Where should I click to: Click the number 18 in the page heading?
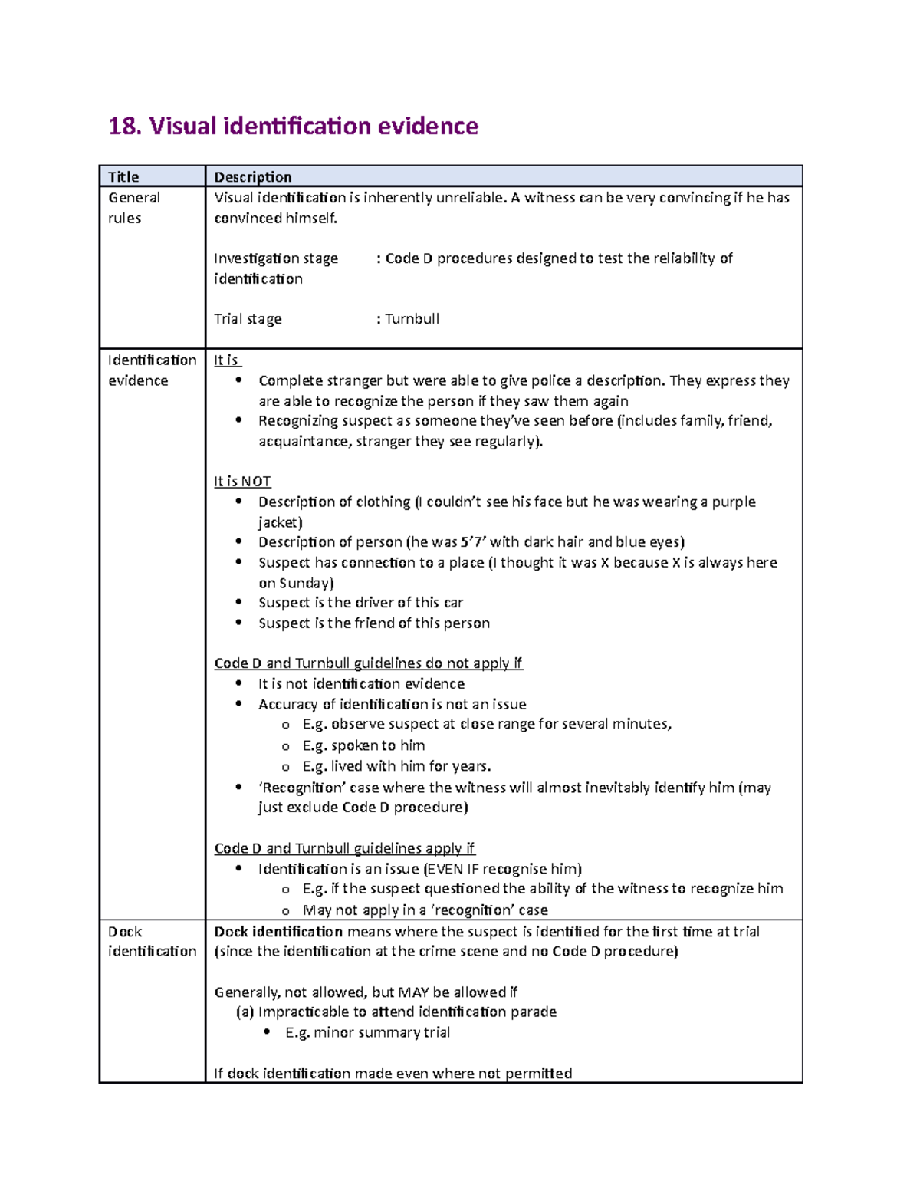(x=123, y=126)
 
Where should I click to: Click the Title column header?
(x=123, y=177)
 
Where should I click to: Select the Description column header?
(x=252, y=177)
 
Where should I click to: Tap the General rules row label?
(x=133, y=208)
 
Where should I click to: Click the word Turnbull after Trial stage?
(x=412, y=319)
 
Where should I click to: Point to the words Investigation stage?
(x=276, y=258)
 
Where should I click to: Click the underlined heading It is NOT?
(x=242, y=482)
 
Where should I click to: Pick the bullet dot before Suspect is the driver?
(x=239, y=603)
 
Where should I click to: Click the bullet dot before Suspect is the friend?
(x=239, y=623)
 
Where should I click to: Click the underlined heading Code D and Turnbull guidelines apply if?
(x=344, y=848)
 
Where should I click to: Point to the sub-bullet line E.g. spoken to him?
(x=363, y=745)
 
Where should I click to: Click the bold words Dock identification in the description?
(x=278, y=932)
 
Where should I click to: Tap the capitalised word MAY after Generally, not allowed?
(x=413, y=992)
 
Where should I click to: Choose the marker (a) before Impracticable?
(x=245, y=1012)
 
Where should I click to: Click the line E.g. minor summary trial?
(x=367, y=1033)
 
